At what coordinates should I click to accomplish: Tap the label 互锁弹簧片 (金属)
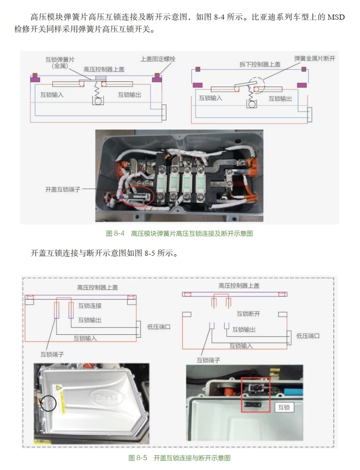pyautogui.click(x=59, y=63)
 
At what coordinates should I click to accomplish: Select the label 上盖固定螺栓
pyautogui.click(x=158, y=59)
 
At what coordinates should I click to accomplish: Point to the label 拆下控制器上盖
pyautogui.click(x=260, y=65)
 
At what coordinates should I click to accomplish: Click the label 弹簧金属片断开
pyautogui.click(x=315, y=58)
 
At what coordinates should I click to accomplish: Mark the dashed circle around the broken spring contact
pyautogui.click(x=256, y=85)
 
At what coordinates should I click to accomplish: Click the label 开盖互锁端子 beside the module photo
pyautogui.click(x=63, y=190)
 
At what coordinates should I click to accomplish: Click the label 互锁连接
pyautogui.click(x=90, y=306)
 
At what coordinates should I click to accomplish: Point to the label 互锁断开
pyautogui.click(x=248, y=314)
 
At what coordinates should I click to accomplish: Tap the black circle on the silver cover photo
pyautogui.click(x=48, y=403)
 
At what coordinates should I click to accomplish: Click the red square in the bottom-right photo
pyautogui.click(x=256, y=396)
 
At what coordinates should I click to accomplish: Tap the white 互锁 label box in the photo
pyautogui.click(x=284, y=407)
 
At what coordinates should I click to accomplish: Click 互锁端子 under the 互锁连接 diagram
pyautogui.click(x=51, y=355)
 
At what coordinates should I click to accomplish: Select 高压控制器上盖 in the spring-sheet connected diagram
pyautogui.click(x=104, y=69)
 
